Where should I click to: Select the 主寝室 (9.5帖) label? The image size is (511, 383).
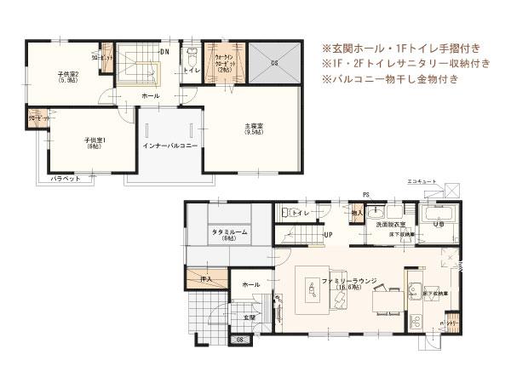click(x=254, y=129)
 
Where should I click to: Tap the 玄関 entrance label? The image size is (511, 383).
click(x=249, y=317)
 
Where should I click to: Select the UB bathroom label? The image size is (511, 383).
click(x=438, y=225)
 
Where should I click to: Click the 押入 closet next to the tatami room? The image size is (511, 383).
click(x=204, y=278)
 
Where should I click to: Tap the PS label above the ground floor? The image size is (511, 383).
click(x=365, y=195)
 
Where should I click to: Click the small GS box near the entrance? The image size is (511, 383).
click(x=240, y=340)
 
